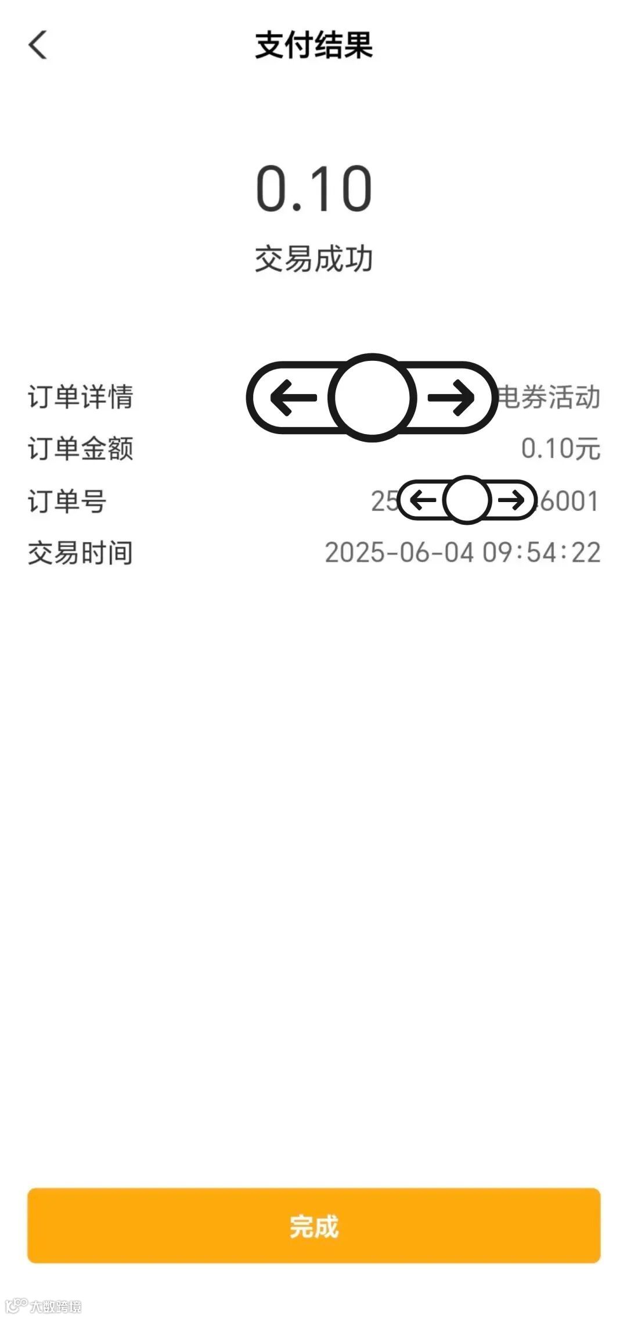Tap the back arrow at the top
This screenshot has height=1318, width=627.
38,45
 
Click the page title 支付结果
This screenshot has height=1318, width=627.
313,45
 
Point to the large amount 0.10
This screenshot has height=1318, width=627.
313,189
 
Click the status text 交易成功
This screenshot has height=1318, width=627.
313,259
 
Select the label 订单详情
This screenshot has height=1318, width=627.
81,397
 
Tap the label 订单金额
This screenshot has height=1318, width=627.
81,449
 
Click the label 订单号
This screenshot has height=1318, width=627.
67,501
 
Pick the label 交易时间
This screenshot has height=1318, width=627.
81,553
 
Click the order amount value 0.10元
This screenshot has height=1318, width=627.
560,449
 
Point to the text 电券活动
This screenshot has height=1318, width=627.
549,397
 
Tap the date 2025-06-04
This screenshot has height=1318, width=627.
399,553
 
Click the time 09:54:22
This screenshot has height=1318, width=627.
542,553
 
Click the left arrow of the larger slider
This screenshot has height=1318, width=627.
294,398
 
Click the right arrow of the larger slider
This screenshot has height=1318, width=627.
451,398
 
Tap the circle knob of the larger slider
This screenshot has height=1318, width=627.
372,397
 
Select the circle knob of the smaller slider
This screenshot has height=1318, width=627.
467,500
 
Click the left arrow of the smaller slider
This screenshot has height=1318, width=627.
423,500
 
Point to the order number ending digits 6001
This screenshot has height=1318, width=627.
569,501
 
